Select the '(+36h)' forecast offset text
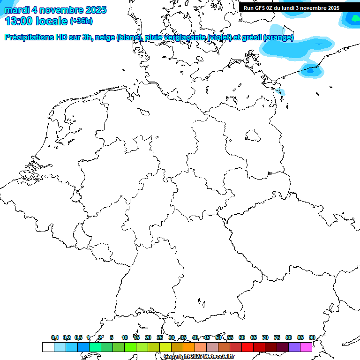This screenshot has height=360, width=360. click(x=81, y=21)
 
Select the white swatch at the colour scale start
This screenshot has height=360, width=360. click(x=48, y=347)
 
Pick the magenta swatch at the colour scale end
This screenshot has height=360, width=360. click(x=306, y=347)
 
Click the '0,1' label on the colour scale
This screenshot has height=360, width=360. click(x=55, y=338)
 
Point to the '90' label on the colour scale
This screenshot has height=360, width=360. click(x=312, y=338)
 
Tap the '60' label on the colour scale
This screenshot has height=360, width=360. click(x=242, y=338)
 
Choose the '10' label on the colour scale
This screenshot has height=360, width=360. click(x=125, y=338)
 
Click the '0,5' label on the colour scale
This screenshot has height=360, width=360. click(x=78, y=338)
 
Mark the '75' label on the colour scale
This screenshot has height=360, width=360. click(x=277, y=338)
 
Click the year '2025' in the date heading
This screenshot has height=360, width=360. click(x=93, y=10)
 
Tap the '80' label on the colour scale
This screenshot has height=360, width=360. click(x=289, y=338)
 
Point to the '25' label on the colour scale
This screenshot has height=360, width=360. click(x=160, y=338)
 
